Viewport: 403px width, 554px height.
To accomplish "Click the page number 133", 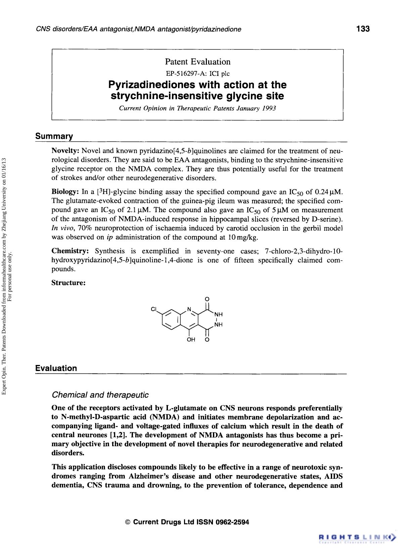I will click(363, 29).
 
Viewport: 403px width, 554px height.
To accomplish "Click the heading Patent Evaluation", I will click(197, 62).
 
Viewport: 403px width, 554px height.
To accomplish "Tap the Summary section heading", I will click(54, 136).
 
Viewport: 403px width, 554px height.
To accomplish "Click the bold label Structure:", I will click(69, 283).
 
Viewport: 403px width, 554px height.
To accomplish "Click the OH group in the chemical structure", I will click(191, 339).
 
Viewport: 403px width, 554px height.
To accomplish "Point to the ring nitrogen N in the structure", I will click(189, 309).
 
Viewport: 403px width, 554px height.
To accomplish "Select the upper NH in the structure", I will click(218, 315).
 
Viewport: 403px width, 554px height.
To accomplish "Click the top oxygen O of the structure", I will click(207, 298).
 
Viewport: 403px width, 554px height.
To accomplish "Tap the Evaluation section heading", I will click(56, 368).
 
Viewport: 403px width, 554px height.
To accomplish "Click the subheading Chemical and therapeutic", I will click(100, 395).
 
